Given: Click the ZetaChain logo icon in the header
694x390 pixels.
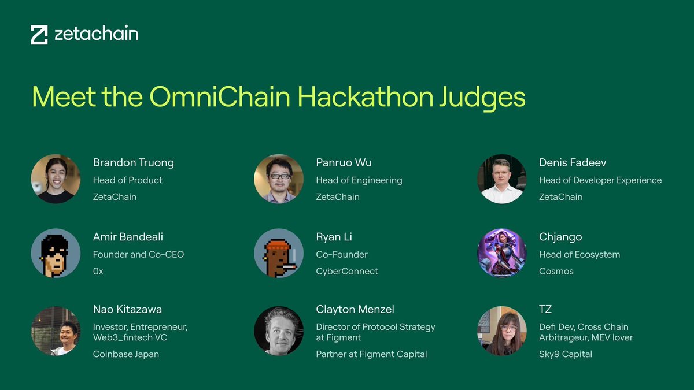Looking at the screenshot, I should pos(39,35).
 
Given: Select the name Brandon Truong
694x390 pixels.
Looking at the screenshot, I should pos(133,162).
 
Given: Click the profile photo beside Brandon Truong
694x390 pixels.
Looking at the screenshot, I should pos(56,179).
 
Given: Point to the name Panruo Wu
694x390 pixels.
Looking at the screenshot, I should pos(344,162).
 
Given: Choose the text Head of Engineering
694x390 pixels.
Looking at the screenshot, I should pos(359,180).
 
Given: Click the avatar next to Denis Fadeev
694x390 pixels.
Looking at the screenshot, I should pos(501,179).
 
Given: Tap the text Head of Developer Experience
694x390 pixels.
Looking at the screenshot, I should pos(600,180).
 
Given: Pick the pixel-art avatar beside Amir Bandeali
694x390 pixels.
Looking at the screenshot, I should pos(56,253).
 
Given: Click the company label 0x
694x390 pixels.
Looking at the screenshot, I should pos(98,271).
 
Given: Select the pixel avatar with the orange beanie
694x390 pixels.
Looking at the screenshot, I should pos(279,253).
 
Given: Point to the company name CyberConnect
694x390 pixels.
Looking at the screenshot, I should pos(347,271).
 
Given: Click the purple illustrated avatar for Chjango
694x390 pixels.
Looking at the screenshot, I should pos(501,253).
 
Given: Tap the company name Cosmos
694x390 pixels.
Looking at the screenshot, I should pos(556,271).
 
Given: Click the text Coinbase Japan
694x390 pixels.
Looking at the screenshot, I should pos(125,354).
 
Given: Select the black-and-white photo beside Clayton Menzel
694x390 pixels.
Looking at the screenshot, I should pos(279,330).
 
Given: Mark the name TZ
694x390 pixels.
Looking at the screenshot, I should pos(545,310).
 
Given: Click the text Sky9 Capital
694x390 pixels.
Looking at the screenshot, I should pos(565,354).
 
